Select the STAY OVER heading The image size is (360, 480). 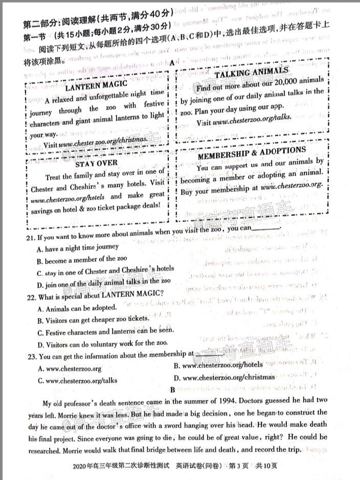[96, 164]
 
